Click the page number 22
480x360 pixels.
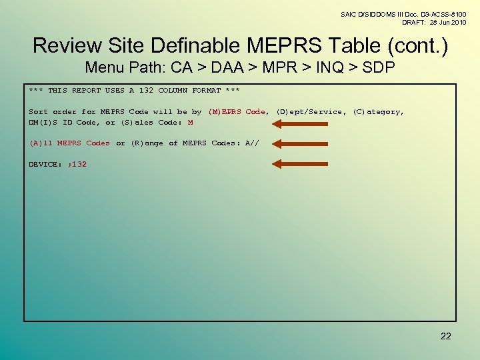(x=445, y=336)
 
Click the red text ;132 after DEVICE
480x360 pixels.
(x=77, y=164)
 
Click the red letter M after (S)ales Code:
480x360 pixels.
(x=191, y=123)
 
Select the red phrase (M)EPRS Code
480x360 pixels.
(x=237, y=112)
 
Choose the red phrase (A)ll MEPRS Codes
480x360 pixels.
(x=69, y=143)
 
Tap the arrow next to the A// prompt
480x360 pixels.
(x=299, y=143)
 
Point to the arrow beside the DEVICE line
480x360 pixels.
(x=299, y=164)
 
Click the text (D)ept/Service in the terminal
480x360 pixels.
(x=311, y=112)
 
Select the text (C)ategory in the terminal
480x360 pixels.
(x=378, y=112)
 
